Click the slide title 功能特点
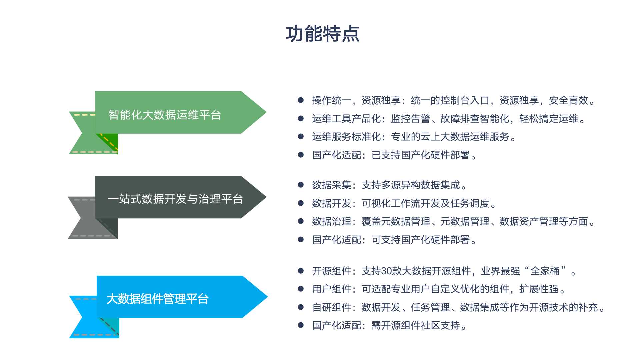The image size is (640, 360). click(322, 34)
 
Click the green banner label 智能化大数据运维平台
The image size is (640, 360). click(165, 115)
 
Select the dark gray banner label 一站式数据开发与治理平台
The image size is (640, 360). click(175, 199)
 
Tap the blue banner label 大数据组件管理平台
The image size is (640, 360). click(157, 299)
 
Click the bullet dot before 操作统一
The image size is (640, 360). click(301, 100)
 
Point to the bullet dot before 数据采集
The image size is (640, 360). click(301, 185)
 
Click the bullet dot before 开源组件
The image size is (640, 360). click(301, 271)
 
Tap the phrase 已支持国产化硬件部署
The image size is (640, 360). click(421, 155)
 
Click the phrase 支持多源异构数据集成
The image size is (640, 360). click(411, 185)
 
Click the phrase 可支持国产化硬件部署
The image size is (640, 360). click(421, 240)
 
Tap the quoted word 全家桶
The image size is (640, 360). click(545, 271)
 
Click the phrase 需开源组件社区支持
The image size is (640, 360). click(416, 325)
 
